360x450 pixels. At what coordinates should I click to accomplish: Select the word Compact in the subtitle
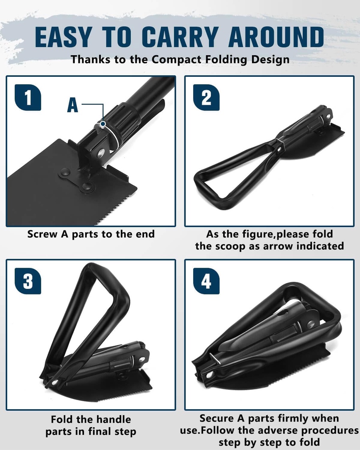coord(176,60)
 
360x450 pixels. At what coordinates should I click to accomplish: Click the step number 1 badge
coord(28,98)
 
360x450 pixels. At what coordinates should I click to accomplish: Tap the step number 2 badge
coord(206,98)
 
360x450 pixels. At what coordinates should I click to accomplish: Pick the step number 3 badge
coord(28,281)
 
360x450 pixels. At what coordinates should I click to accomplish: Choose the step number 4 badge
coord(206,281)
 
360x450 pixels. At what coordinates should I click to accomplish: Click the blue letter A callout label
coord(73,105)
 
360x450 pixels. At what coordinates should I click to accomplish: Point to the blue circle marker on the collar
coord(102,124)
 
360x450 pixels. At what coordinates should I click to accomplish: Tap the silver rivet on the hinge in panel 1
coord(101,153)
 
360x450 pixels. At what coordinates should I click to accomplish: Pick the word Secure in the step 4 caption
coord(216,418)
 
